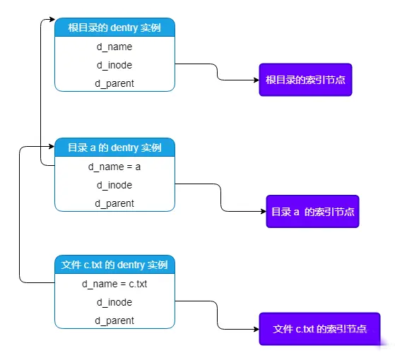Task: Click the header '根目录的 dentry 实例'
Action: point(114,28)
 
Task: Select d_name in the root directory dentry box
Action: point(114,47)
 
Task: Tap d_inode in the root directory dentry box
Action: point(114,65)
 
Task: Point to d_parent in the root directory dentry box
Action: point(114,83)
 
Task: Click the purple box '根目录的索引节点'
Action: point(305,80)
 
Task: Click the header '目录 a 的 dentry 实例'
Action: point(114,148)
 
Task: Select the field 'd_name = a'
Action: point(114,167)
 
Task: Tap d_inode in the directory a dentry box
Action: point(114,185)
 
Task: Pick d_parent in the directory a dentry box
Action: point(114,203)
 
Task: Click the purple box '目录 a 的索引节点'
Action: point(312,211)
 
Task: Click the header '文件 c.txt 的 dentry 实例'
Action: point(114,265)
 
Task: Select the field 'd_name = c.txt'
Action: point(114,284)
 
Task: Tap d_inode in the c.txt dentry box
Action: point(114,302)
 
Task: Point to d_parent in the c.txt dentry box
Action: point(114,320)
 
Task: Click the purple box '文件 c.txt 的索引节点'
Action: point(319,329)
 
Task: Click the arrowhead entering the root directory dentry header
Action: point(52,19)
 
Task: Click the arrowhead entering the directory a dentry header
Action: point(52,146)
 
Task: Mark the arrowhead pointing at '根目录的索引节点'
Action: point(257,80)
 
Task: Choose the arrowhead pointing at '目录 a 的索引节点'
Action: point(264,211)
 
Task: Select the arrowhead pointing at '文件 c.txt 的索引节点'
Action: point(257,329)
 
